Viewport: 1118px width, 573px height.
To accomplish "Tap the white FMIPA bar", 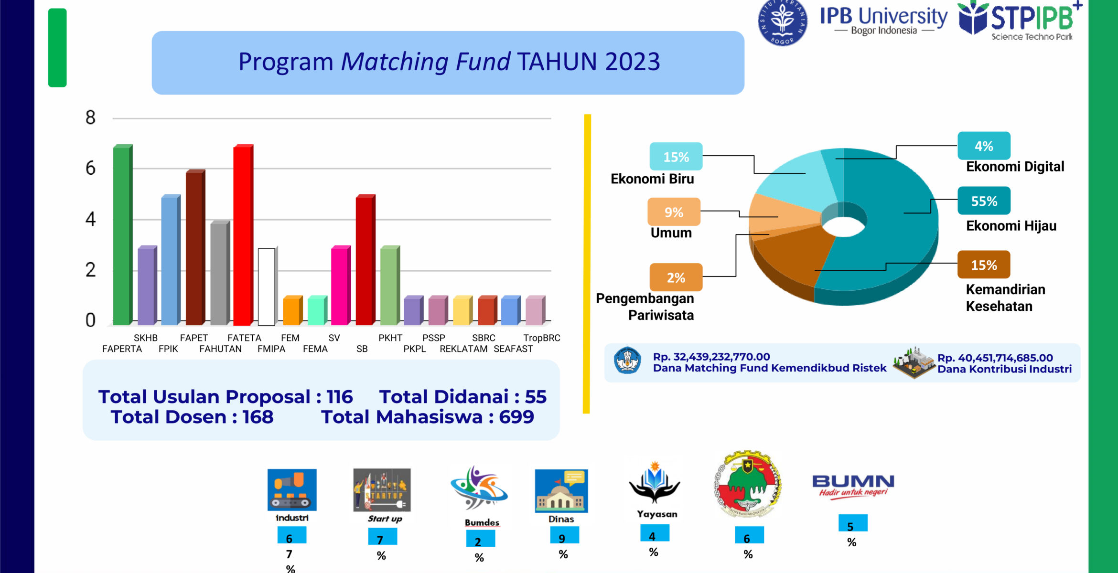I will point(267,286).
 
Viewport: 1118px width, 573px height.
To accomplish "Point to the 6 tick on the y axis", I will point(90,169).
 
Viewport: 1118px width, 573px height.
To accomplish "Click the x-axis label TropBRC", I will point(541,338).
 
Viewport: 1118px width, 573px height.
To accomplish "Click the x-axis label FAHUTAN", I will point(220,349).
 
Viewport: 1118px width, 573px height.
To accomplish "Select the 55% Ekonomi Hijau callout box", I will point(984,201).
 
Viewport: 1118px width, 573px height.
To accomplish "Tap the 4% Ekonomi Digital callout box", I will point(984,146).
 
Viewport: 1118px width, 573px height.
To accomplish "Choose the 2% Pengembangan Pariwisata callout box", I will point(676,277).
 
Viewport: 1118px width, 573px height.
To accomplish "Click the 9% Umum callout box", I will point(674,212).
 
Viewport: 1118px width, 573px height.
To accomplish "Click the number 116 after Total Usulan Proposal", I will point(339,397).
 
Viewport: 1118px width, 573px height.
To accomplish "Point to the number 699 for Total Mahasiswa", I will point(516,417).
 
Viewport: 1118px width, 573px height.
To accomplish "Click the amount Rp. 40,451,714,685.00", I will point(995,358).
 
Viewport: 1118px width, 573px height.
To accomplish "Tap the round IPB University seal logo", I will point(782,22).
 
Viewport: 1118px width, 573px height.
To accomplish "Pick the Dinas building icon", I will point(561,490).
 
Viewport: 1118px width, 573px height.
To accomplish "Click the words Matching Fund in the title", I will point(426,62).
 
